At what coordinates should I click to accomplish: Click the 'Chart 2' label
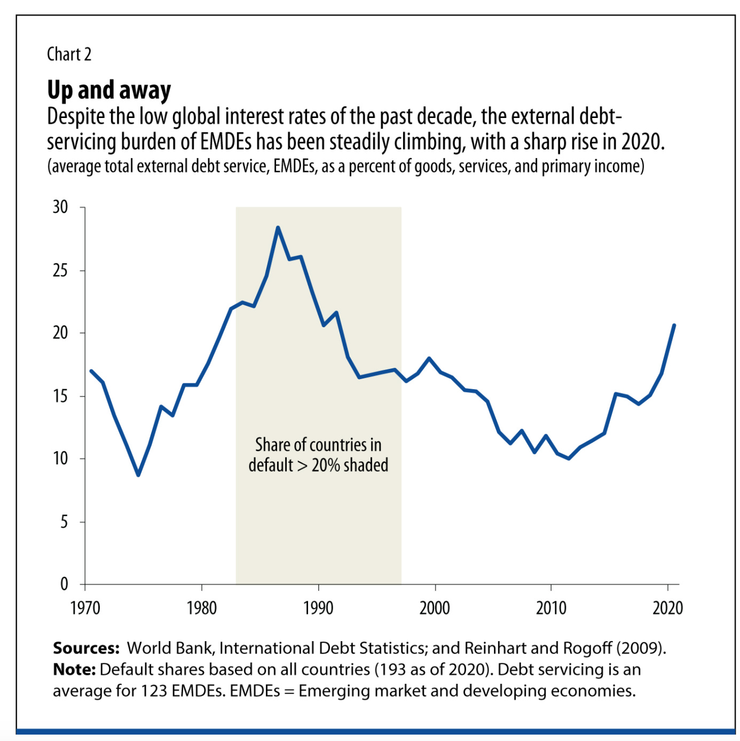click(69, 54)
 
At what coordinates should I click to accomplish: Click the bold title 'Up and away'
click(109, 90)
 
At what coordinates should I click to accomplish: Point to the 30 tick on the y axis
click(60, 207)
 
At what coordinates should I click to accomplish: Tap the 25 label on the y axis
click(60, 271)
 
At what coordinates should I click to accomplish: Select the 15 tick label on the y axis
click(60, 396)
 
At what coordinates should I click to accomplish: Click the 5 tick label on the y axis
click(64, 522)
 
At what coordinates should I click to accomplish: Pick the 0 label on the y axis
click(64, 584)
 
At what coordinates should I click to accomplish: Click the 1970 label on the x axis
click(85, 608)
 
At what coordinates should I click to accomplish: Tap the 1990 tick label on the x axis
click(318, 608)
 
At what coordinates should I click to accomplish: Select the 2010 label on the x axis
click(551, 608)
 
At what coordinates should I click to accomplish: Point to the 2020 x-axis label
click(667, 608)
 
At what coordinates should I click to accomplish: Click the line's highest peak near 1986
click(278, 227)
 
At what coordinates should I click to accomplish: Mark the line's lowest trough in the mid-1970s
click(138, 475)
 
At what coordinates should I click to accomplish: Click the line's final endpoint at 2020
click(674, 325)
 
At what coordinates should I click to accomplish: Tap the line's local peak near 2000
click(429, 358)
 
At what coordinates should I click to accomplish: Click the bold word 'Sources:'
click(86, 648)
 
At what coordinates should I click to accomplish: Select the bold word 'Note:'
click(74, 669)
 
